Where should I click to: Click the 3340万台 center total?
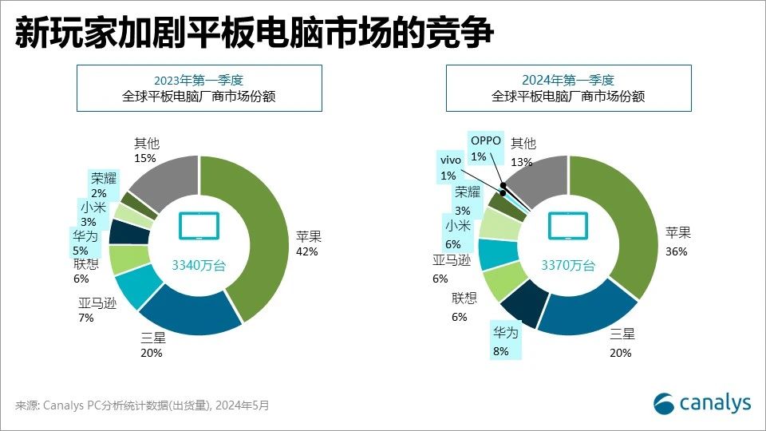[199, 265]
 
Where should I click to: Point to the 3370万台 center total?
[568, 265]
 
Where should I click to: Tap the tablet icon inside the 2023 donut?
[198, 226]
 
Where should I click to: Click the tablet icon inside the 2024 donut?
[567, 226]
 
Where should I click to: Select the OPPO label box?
[485, 148]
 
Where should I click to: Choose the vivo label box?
[450, 167]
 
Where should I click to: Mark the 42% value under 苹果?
[306, 251]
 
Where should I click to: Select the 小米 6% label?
[458, 235]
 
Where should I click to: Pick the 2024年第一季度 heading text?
[567, 80]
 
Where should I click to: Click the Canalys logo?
[702, 403]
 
